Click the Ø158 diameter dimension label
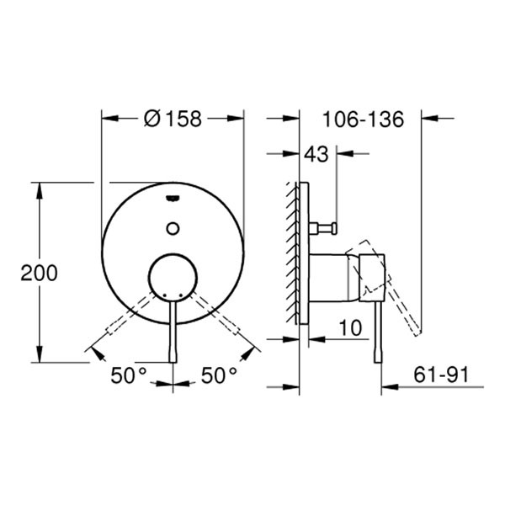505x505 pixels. tap(173, 119)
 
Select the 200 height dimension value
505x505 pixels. tap(40, 273)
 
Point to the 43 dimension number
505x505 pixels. tap(316, 155)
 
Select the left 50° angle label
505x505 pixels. tap(129, 375)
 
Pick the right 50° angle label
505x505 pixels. tap(219, 375)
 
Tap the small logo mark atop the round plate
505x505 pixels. tap(173, 199)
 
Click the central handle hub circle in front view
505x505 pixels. tap(173, 277)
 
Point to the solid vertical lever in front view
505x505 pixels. tap(173, 332)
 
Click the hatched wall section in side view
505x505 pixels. tap(291, 252)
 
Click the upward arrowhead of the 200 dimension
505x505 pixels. tap(40, 189)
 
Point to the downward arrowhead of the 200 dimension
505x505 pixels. tap(40, 354)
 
